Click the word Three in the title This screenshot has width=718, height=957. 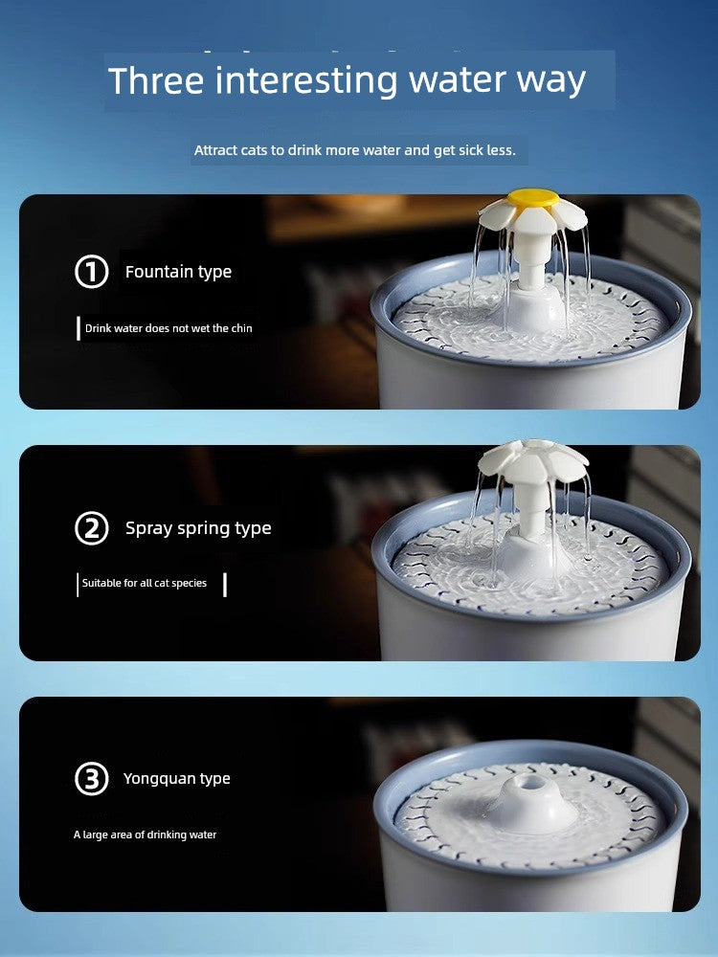coord(156,80)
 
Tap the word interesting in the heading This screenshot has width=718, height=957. coord(306,81)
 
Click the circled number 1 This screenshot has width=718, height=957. coord(92,272)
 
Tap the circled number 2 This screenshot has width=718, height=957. coord(92,528)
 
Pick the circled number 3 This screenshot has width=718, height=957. coord(92,779)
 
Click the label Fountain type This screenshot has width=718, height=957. coord(178,272)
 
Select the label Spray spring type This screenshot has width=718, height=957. coord(198,528)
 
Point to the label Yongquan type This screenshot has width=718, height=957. coord(177,779)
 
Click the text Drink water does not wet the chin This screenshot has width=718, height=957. coord(168,328)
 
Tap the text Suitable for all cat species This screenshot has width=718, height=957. coord(145,583)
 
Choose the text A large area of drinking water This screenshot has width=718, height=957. coord(146,835)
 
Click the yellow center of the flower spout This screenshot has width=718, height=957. coord(533,198)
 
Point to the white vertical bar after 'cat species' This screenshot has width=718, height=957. coord(225,585)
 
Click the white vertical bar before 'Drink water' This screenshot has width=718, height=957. coord(79,328)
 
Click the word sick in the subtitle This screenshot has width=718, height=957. coord(475,150)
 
